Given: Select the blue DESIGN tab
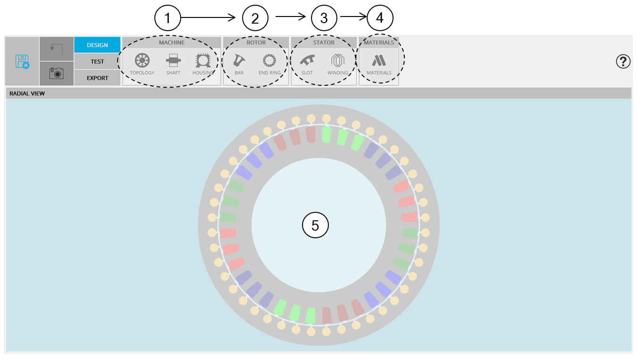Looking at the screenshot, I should coord(97,45).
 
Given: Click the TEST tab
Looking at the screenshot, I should coord(97,62).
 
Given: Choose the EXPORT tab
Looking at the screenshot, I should coord(97,78).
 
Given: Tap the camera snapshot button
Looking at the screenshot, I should coord(57,73).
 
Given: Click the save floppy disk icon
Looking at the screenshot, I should coord(22,61).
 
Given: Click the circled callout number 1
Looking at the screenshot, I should coord(168,18).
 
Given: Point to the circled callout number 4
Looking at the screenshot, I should coord(380,18).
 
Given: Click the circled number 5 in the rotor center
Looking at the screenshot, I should coord(315,226).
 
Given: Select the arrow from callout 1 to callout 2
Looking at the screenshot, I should coord(208,18).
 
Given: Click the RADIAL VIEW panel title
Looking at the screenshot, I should coord(27,93).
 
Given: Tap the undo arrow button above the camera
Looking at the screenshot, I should coord(57,48).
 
